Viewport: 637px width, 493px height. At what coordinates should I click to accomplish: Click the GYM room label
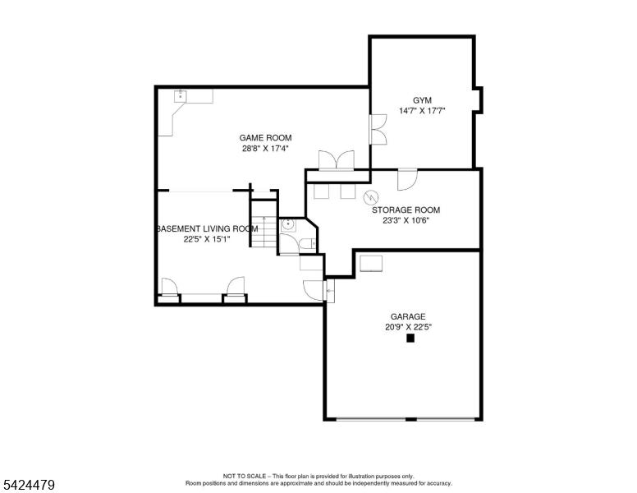pos(421,99)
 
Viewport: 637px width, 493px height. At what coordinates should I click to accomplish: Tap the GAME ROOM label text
pos(265,138)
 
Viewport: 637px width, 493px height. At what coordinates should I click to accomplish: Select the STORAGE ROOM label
pos(406,210)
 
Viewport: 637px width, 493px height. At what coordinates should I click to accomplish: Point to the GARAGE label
pos(407,316)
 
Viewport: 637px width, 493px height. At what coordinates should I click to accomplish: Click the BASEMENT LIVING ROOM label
pos(207,228)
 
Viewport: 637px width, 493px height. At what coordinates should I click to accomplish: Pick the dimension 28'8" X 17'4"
pos(265,149)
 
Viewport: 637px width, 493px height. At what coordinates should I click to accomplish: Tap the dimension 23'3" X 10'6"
pos(406,220)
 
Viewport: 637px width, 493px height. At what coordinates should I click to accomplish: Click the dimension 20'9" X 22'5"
pos(407,327)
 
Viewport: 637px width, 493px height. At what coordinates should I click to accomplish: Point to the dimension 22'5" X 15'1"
pos(207,239)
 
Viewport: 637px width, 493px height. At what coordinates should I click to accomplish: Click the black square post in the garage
pos(410,337)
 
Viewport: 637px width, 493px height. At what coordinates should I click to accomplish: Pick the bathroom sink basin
pos(289,224)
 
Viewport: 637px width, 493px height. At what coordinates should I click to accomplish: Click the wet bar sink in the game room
pos(180,96)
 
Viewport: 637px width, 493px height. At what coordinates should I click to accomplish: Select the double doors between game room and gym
pos(378,130)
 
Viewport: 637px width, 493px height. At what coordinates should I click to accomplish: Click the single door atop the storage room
pos(407,178)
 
